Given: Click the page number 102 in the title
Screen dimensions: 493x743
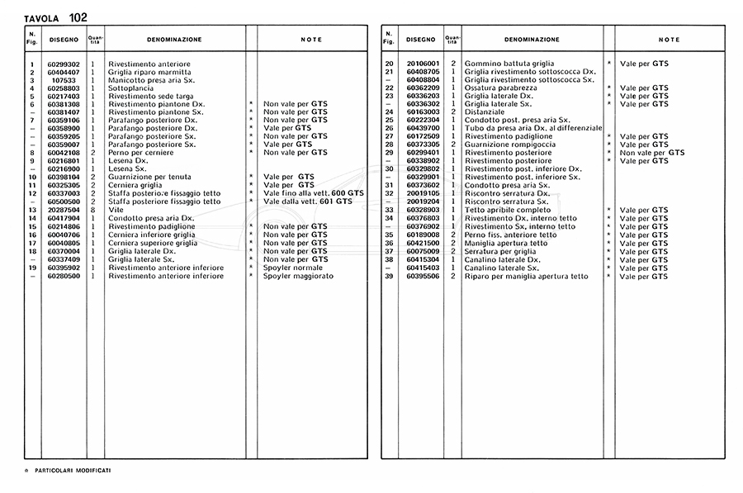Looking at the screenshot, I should click(78, 17).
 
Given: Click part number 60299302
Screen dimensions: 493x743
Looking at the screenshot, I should click(64, 64).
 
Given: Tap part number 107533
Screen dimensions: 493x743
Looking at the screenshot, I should click(64, 80).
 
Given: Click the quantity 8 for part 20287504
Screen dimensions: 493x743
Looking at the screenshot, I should click(93, 210).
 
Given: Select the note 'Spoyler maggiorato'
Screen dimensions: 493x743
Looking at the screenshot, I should click(298, 276).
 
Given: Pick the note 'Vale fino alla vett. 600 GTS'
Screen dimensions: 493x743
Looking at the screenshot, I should click(313, 193).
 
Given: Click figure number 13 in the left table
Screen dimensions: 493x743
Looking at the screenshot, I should click(31, 210).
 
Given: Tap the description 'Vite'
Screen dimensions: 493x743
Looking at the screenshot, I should click(115, 210).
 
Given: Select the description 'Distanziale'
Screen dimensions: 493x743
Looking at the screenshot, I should click(484, 112).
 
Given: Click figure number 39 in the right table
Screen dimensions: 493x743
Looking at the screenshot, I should click(388, 276).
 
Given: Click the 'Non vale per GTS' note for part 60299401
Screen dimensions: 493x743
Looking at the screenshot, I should click(652, 153).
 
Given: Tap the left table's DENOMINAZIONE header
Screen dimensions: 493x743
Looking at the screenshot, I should click(173, 39).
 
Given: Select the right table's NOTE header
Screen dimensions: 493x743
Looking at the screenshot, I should click(670, 39).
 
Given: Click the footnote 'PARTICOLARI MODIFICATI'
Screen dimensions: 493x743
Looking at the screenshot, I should click(73, 470).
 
